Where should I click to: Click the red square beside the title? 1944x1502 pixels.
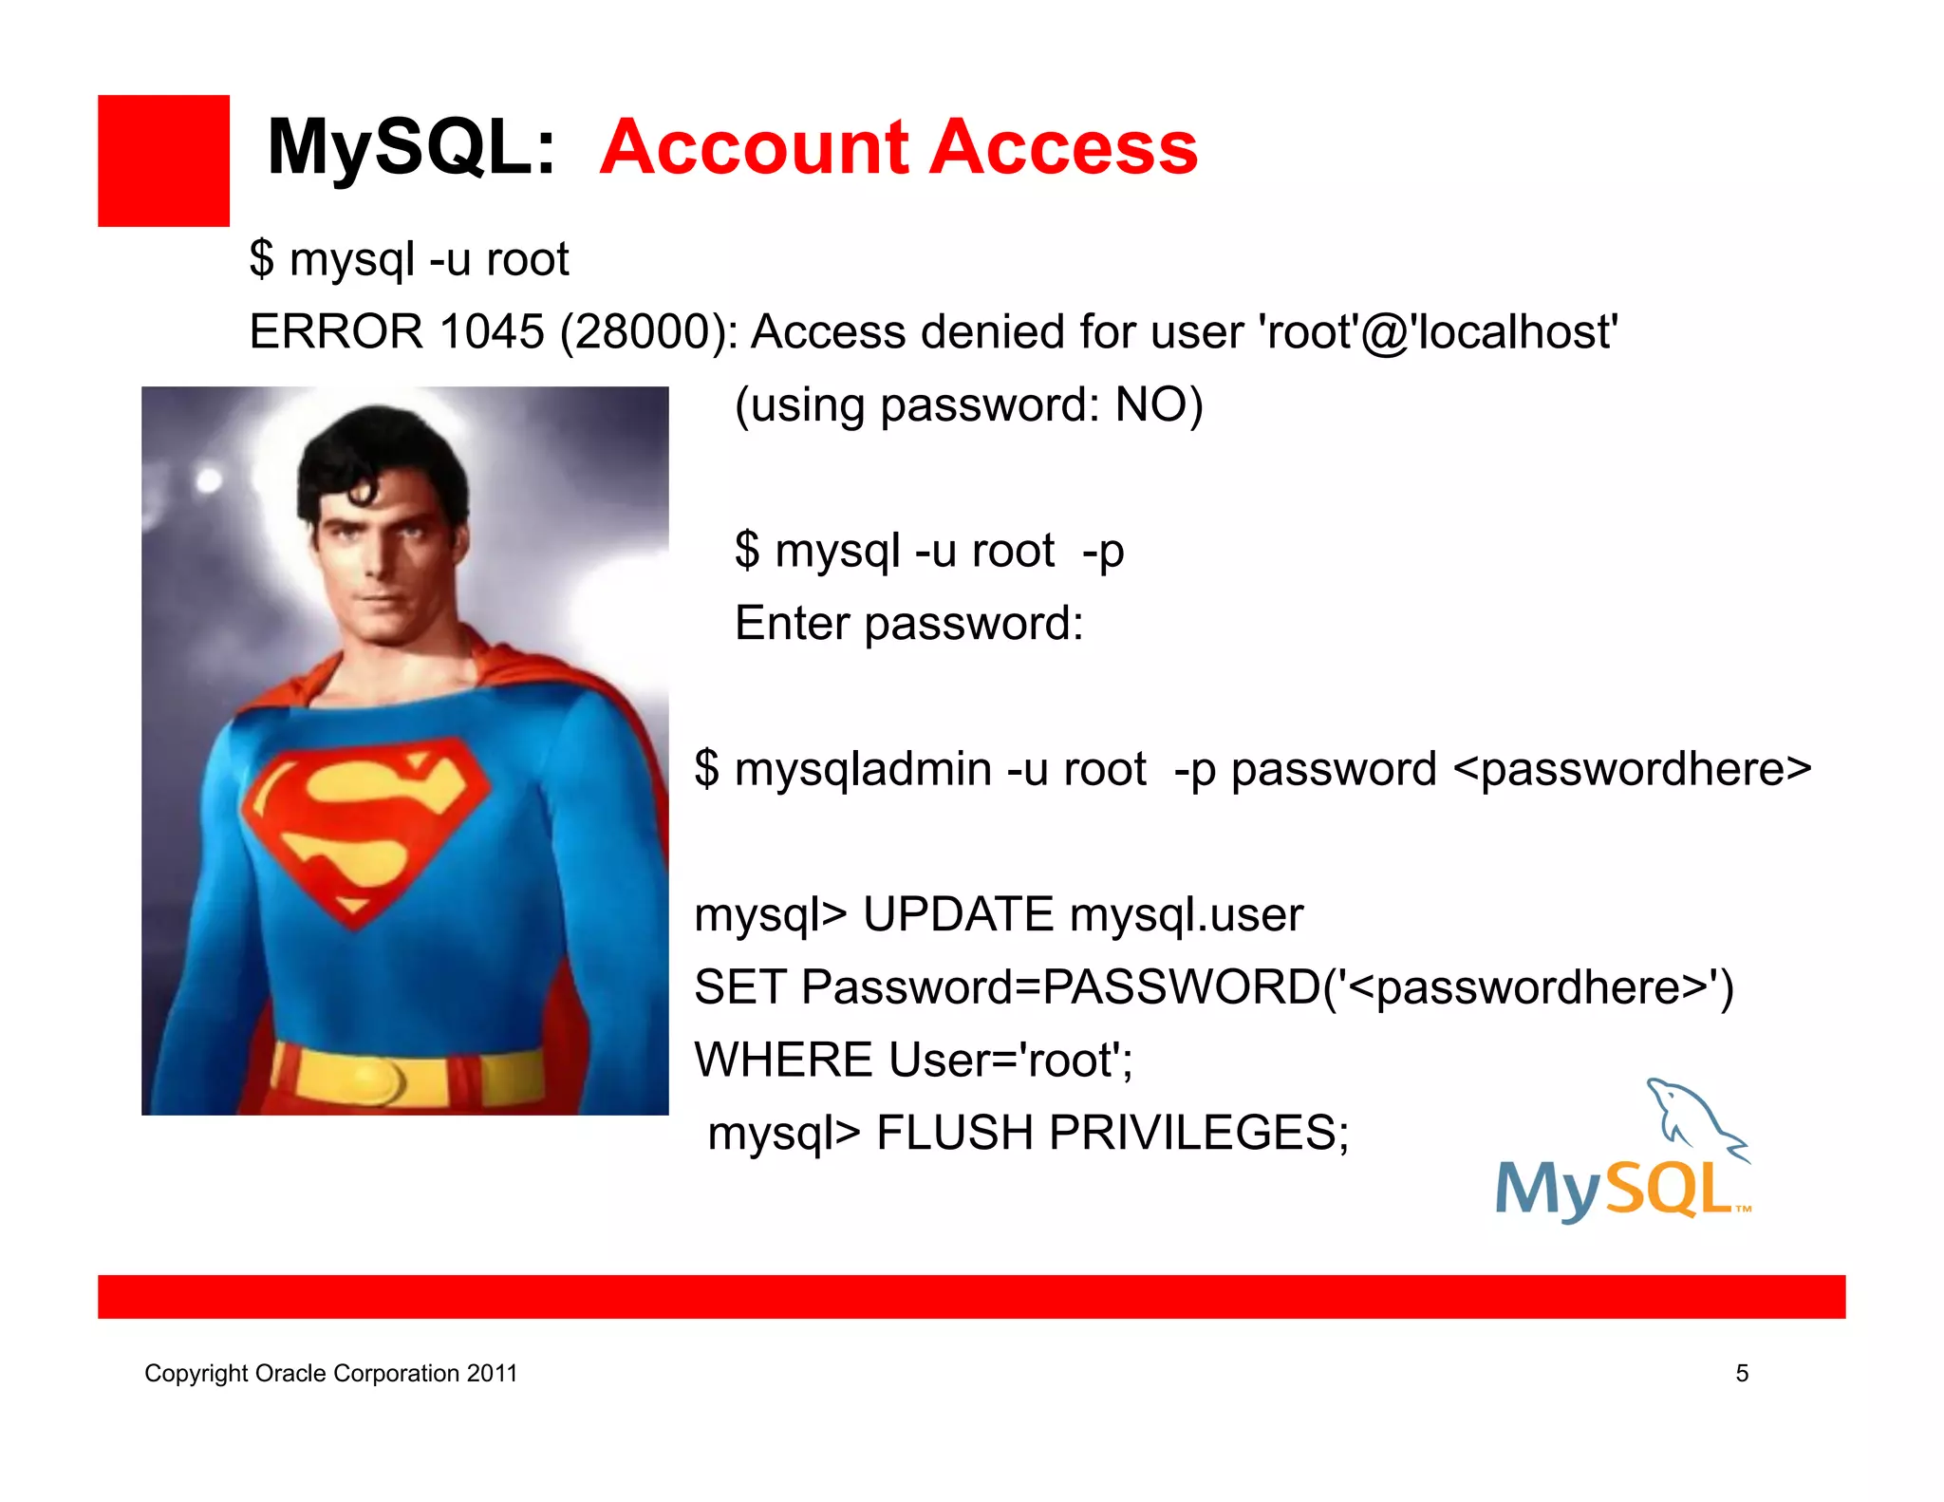pyautogui.click(x=163, y=160)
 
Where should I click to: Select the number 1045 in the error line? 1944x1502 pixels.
pyautogui.click(x=492, y=332)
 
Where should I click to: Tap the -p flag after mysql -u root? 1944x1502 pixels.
pyautogui.click(x=1103, y=552)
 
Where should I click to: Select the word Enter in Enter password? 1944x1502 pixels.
pyautogui.click(x=792, y=624)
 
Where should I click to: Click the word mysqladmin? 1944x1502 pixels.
pyautogui.click(x=863, y=769)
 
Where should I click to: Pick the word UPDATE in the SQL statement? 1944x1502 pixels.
pyautogui.click(x=958, y=915)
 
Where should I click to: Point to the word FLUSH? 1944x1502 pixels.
pyautogui.click(x=955, y=1133)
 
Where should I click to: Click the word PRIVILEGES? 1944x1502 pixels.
pyautogui.click(x=1199, y=1133)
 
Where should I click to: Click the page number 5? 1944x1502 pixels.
pyautogui.click(x=1742, y=1374)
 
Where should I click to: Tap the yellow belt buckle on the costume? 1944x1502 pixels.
pyautogui.click(x=375, y=1080)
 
